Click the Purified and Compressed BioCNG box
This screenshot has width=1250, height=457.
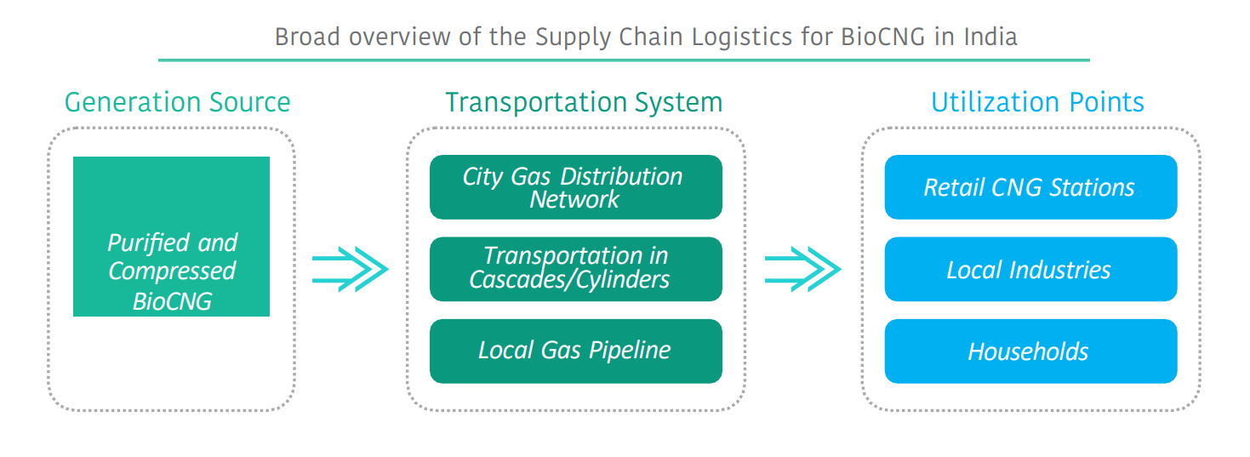pos(171,237)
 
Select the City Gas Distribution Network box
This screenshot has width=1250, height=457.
pos(575,187)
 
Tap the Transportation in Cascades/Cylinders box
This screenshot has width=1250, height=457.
pos(575,269)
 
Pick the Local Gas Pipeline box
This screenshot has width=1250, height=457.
pos(575,351)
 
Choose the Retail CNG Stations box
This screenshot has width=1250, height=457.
pos(1030,187)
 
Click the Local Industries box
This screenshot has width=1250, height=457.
pos(1030,270)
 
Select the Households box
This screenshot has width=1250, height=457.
pos(1030,351)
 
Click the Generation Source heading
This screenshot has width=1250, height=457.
pos(177,102)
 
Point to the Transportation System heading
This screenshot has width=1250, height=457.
pos(584,102)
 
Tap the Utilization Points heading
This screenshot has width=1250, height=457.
pos(1037,102)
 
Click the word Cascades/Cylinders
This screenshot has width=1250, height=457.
pos(569,279)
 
